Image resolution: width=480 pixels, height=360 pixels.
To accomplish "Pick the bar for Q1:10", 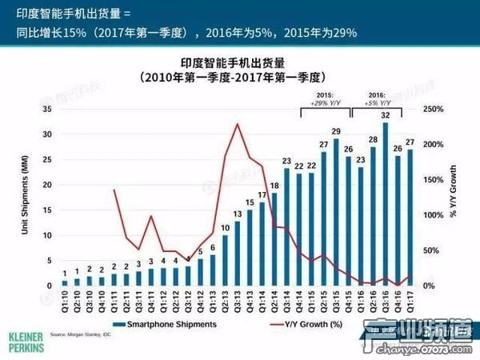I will pos(65,282).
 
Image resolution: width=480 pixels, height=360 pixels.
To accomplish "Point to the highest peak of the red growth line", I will pos(238,124).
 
